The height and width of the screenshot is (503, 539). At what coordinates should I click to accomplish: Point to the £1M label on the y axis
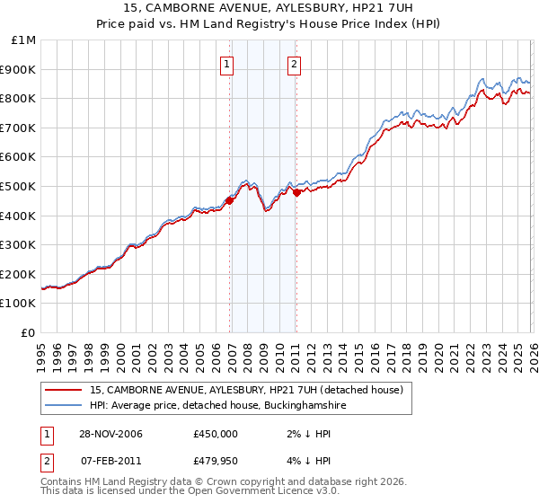[x=24, y=40]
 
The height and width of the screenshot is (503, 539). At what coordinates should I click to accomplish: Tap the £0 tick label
[x=30, y=332]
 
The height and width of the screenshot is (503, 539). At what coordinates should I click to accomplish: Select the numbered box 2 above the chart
[x=294, y=64]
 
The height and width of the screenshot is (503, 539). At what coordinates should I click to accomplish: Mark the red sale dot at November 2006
[x=230, y=201]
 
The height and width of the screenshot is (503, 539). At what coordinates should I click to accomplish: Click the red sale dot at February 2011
[x=296, y=191]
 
